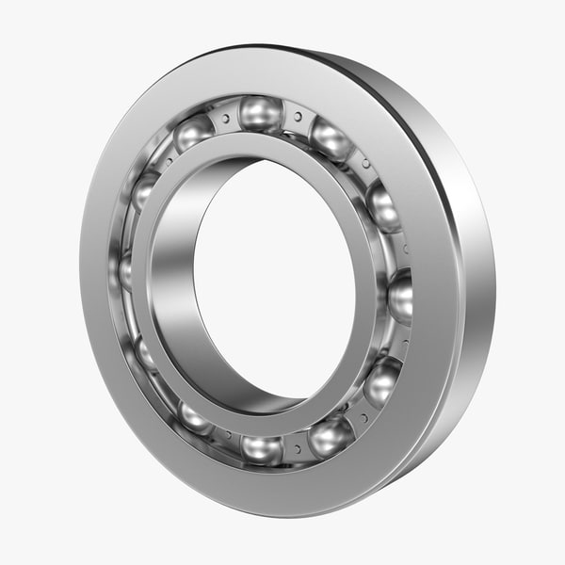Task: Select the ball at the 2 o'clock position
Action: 383,205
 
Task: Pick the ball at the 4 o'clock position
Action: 382,380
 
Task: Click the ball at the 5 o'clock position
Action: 331,436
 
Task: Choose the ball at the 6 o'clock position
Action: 261,447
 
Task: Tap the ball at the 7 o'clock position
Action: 195,417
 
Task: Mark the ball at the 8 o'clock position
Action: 146,354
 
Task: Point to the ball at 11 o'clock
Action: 193,133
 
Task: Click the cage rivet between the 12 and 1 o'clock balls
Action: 298,117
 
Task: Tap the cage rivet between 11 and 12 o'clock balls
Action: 225,117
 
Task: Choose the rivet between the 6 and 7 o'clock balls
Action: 226,436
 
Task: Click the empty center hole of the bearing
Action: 273,282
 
